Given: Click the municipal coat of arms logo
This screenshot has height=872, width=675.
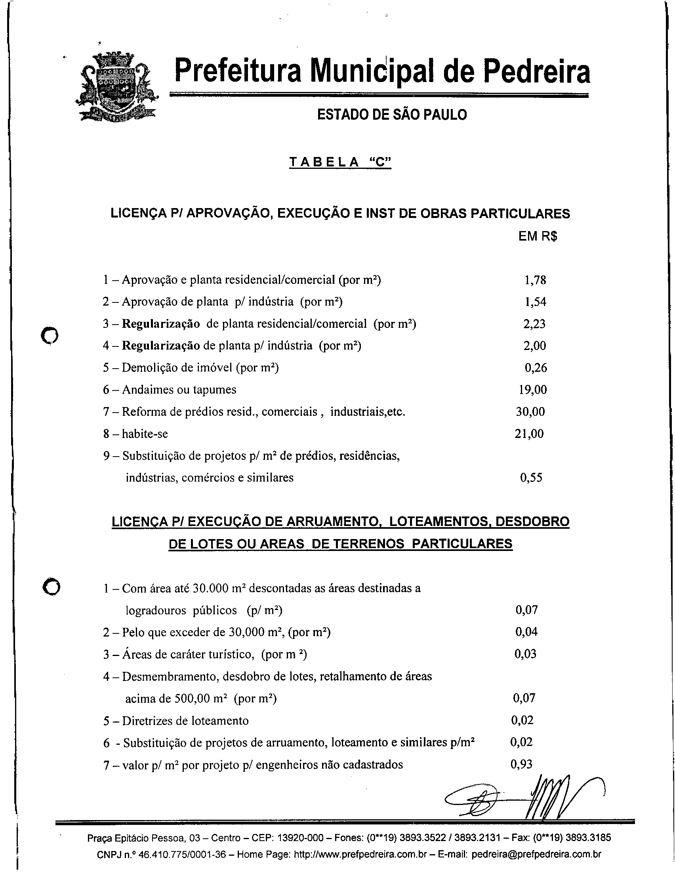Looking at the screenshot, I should tap(116, 87).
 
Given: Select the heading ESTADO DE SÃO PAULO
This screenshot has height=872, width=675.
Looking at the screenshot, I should tap(391, 115).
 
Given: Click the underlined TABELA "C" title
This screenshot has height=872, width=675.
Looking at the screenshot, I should tap(340, 163).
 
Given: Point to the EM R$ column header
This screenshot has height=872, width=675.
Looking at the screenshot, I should tap(538, 236).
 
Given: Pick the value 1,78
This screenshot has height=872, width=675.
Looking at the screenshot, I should tap(535, 280).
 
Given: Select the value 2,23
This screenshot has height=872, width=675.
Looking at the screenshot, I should tap(534, 323).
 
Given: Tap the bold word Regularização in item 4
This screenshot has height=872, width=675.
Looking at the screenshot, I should tap(161, 345).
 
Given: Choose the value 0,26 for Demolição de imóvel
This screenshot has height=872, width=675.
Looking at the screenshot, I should tap(536, 367).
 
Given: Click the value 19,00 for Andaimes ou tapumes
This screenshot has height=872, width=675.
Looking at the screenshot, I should tap(532, 389).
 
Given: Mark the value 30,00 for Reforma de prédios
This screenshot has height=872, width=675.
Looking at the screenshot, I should tap(530, 411).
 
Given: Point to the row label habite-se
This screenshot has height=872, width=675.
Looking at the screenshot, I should tap(145, 434).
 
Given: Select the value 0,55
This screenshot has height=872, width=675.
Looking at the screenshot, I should tap(531, 478).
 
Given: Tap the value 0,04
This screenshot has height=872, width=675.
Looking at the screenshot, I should tap(526, 632).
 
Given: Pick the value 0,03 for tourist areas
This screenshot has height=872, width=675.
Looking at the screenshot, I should tap(525, 654).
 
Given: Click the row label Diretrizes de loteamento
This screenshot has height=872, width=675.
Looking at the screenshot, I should tap(185, 721).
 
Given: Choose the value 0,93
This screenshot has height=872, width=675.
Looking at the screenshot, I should tap(521, 764).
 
